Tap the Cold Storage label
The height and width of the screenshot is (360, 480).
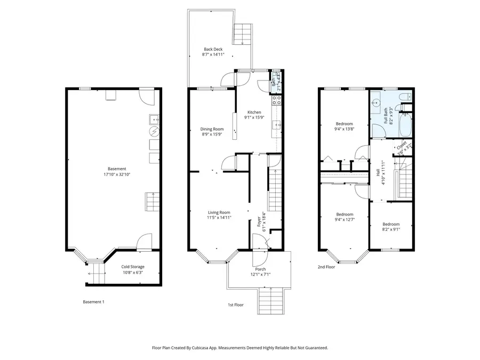click(132, 267)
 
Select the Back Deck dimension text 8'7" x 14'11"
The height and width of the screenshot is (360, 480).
click(213, 54)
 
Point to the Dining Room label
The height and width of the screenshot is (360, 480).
click(212, 129)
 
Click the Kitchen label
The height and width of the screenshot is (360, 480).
click(254, 112)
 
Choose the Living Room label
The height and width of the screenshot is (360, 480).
click(219, 212)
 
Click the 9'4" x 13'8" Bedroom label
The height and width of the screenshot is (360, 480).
click(344, 124)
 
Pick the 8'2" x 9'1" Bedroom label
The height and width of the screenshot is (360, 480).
click(391, 224)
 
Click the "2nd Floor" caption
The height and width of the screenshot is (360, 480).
click(326, 267)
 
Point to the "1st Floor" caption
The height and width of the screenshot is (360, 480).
click(235, 305)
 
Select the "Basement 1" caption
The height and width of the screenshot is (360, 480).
click(93, 302)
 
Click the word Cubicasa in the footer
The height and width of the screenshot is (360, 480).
click(212, 347)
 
